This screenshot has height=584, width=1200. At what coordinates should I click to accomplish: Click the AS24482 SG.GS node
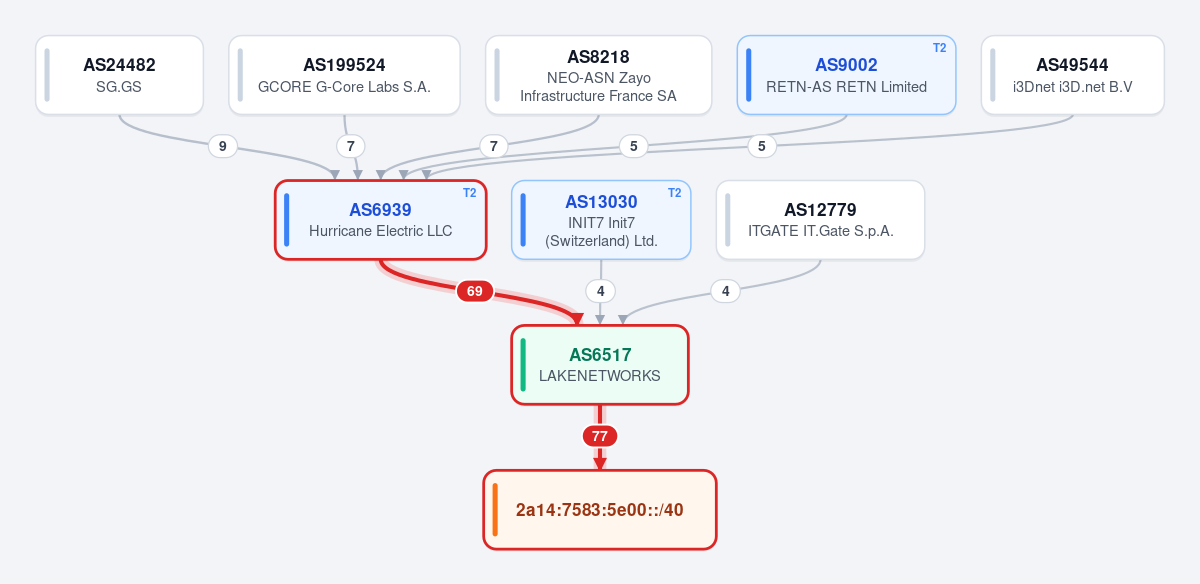[x=119, y=75]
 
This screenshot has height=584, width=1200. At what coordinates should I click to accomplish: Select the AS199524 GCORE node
[x=344, y=75]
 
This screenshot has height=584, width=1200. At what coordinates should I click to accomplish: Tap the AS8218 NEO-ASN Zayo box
[x=598, y=75]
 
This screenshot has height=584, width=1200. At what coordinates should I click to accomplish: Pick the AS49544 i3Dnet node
[x=1072, y=75]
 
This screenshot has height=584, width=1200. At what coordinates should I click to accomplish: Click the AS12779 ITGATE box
[x=820, y=220]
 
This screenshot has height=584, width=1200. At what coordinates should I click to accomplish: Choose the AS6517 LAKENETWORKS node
[x=599, y=365]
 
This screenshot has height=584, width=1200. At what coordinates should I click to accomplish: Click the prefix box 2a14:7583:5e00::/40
[x=599, y=510]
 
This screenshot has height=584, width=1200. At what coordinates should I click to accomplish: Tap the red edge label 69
[x=475, y=291]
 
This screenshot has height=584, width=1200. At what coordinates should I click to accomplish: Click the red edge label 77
[x=599, y=436]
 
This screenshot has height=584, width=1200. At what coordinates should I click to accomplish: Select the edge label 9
[x=222, y=146]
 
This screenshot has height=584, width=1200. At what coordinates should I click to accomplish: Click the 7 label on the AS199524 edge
[x=350, y=146]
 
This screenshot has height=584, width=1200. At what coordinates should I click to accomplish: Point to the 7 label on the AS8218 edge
[x=493, y=146]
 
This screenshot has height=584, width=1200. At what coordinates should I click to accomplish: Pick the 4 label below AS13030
[x=600, y=291]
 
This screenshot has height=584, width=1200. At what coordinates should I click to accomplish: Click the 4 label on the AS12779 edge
[x=725, y=291]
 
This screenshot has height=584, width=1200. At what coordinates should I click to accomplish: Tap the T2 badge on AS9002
[x=940, y=48]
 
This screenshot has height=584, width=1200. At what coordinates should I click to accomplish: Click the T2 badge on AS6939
[x=469, y=193]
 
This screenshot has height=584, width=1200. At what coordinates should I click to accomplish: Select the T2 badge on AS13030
[x=674, y=193]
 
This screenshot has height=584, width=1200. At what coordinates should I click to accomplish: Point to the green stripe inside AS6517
[x=523, y=365]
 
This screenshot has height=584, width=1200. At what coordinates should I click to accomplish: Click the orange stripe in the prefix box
[x=495, y=510]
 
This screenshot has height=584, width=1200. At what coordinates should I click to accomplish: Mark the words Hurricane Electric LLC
[x=380, y=231]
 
